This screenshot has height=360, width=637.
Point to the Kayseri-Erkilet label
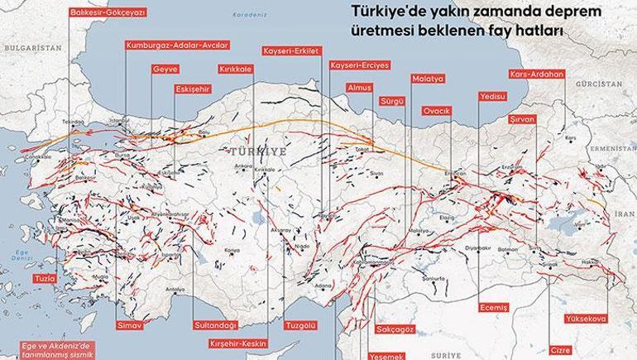[x=287, y=50]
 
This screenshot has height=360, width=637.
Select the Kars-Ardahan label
[x=537, y=74]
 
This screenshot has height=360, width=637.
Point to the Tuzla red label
[x=44, y=280]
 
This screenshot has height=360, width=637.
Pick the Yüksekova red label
[x=587, y=318]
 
